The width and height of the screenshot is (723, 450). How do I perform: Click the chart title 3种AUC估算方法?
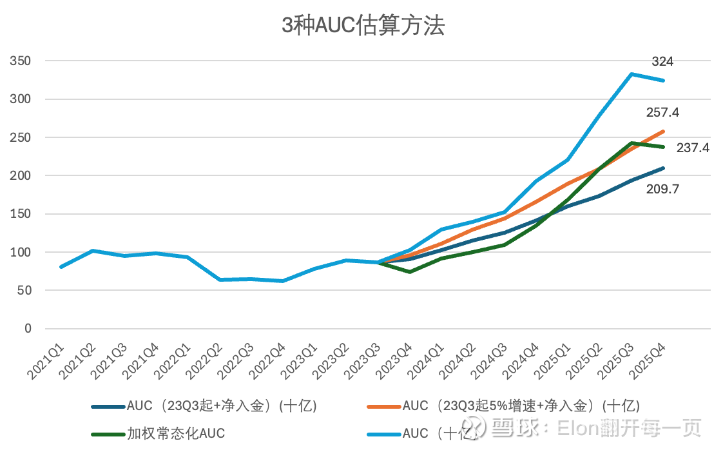click(363, 26)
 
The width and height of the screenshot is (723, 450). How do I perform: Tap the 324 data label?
click(662, 62)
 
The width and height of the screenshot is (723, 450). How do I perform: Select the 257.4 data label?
click(662, 113)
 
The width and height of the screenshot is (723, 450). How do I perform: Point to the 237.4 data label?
click(693, 148)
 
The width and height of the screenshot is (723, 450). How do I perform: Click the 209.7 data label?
click(662, 190)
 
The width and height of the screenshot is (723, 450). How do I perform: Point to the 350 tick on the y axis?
click(20, 61)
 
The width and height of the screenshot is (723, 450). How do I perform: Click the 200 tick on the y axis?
click(20, 175)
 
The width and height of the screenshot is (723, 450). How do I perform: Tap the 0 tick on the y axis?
click(28, 328)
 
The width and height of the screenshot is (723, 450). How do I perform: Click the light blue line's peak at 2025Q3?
click(632, 74)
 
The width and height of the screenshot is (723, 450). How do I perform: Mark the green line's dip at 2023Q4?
click(410, 271)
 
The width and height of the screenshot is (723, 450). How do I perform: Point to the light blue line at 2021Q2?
click(93, 251)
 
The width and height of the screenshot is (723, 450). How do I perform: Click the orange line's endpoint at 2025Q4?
click(663, 132)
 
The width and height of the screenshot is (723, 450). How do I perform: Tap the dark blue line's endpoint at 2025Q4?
click(663, 168)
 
